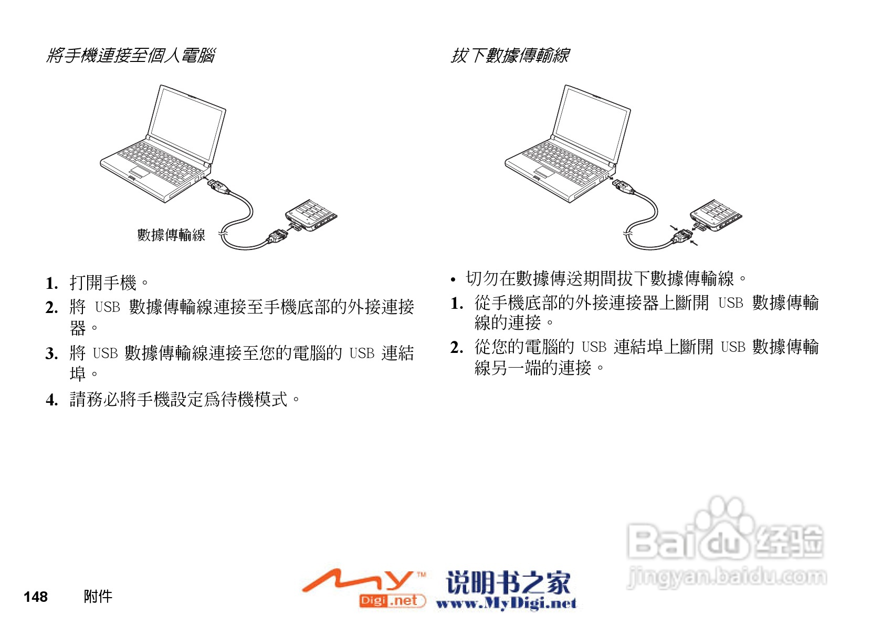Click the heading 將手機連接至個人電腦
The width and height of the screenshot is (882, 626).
(130, 55)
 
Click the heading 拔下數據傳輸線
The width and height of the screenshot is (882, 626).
(510, 55)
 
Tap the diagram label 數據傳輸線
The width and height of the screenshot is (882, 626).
(171, 235)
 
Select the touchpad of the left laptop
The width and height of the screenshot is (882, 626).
(140, 172)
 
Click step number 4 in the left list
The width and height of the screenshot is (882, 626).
(51, 400)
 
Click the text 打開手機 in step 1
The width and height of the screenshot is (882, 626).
(103, 283)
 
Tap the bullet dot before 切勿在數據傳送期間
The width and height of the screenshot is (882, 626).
(453, 280)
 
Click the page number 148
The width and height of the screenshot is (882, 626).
(36, 597)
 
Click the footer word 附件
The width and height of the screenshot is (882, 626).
(98, 597)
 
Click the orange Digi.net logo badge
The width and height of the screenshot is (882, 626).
(391, 600)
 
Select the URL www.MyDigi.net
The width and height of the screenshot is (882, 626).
(506, 603)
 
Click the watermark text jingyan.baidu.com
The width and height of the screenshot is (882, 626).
(727, 577)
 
